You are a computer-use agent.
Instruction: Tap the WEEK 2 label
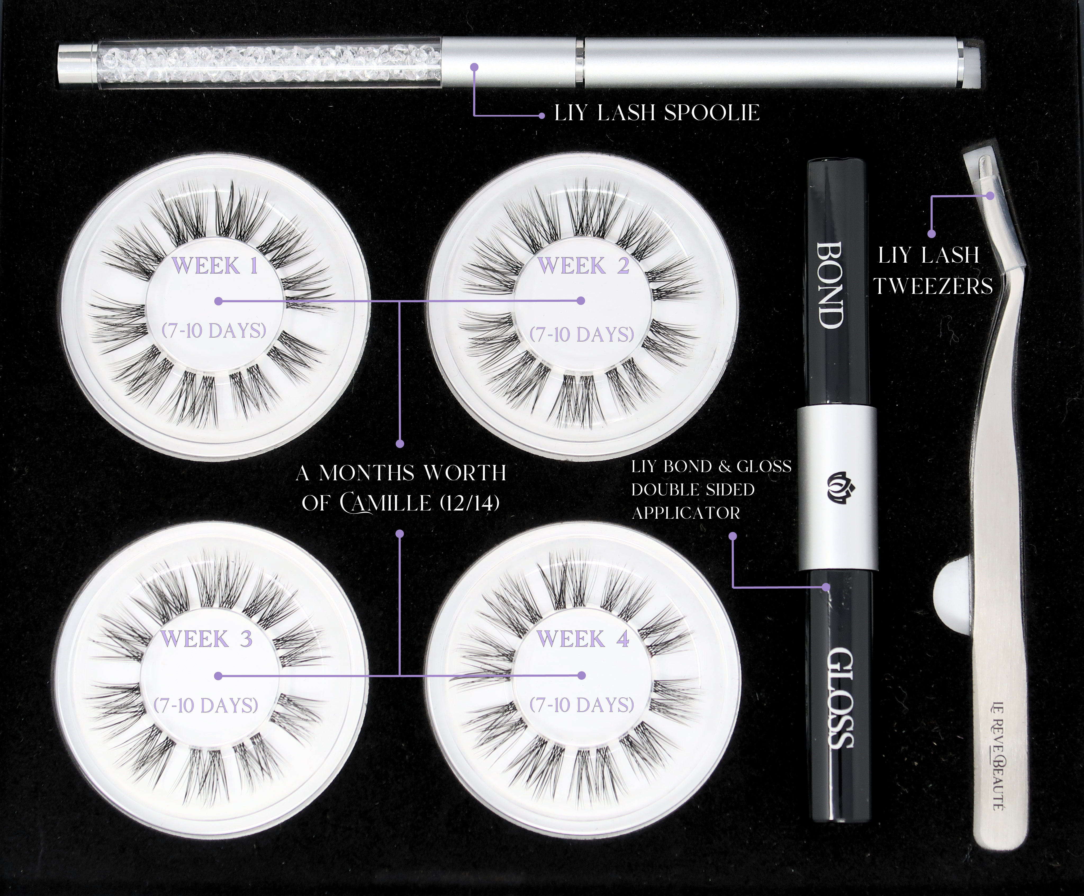(584, 266)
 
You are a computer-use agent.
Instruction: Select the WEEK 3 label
(206, 639)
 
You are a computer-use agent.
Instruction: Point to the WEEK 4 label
(583, 639)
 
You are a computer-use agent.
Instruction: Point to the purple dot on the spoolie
(475, 66)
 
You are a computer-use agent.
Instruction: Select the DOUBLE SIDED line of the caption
(693, 489)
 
